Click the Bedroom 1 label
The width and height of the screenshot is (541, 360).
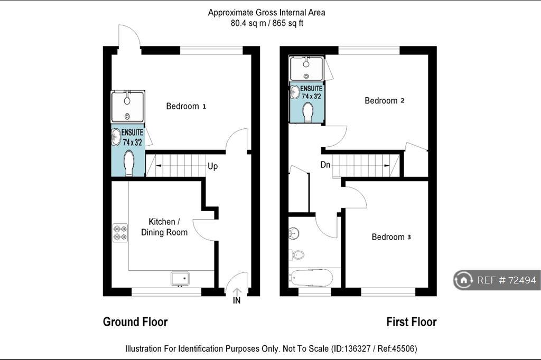tap(186, 106)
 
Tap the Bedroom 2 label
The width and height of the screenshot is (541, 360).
tap(385, 101)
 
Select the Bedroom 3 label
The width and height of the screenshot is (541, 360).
tap(391, 237)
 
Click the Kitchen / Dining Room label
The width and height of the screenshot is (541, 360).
tap(164, 227)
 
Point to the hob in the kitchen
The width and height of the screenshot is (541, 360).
tap(120, 232)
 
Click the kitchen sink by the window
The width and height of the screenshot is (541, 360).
tap(180, 279)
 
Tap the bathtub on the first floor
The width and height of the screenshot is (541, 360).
tap(311, 278)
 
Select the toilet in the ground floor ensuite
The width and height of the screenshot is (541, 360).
tap(129, 163)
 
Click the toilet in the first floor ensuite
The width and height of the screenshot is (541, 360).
tap(307, 112)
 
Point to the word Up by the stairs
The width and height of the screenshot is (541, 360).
tap(212, 166)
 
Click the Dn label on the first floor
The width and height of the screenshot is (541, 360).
tap(325, 165)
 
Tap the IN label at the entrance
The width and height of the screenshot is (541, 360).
tap(237, 301)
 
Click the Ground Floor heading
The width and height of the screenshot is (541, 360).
tap(135, 322)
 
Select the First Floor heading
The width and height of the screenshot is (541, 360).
tap(411, 322)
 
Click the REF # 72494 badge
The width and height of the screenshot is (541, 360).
tap(497, 280)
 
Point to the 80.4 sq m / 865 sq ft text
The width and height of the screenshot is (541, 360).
tap(267, 23)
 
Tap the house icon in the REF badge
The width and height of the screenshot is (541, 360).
tap(464, 280)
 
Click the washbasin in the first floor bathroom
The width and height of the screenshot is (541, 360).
tap(294, 233)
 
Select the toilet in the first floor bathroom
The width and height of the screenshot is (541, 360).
tap(297, 255)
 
